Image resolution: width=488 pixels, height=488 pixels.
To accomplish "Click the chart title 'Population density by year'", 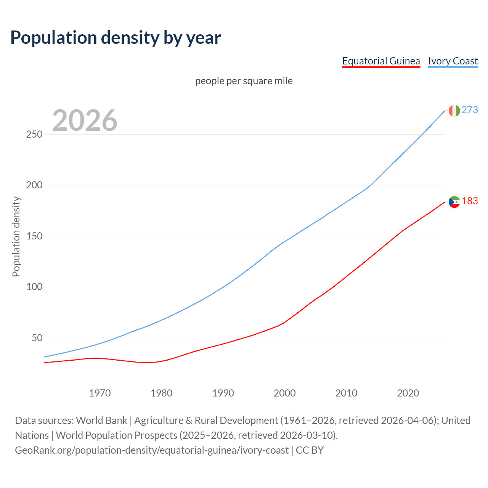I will [x=116, y=38].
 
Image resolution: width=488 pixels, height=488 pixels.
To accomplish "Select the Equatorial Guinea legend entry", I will [x=381, y=61].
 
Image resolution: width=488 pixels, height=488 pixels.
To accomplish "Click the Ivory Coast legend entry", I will [x=453, y=61].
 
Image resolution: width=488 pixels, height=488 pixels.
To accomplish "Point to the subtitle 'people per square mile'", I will [x=244, y=81].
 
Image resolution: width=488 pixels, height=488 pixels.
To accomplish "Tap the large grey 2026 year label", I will [x=85, y=120].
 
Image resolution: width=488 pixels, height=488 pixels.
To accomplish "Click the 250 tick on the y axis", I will [x=34, y=135].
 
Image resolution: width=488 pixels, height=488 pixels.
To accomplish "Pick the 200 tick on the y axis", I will [x=34, y=185].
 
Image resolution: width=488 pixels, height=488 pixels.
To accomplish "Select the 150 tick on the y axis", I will [x=34, y=236].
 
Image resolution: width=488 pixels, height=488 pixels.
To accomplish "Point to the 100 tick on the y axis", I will [x=34, y=287].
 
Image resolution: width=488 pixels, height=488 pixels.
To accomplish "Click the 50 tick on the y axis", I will [x=37, y=338].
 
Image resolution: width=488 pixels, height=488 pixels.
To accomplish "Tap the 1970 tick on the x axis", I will [x=100, y=393].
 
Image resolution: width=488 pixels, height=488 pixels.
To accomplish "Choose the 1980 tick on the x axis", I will [x=162, y=393].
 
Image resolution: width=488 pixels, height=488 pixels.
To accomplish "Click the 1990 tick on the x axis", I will [x=223, y=393].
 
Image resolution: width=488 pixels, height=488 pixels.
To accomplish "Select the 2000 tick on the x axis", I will [x=285, y=393].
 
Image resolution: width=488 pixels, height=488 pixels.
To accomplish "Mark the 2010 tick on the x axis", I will [x=346, y=393].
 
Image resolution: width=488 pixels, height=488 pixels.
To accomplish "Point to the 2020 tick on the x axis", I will [x=408, y=393].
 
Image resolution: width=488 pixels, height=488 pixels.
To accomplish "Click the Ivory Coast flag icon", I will [x=454, y=111].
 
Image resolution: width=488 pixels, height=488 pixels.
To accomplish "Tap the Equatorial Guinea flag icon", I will [x=454, y=202].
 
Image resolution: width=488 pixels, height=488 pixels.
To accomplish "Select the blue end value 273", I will [x=470, y=110].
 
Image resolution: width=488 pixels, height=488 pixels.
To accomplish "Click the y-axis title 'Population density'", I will [x=16, y=236].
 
